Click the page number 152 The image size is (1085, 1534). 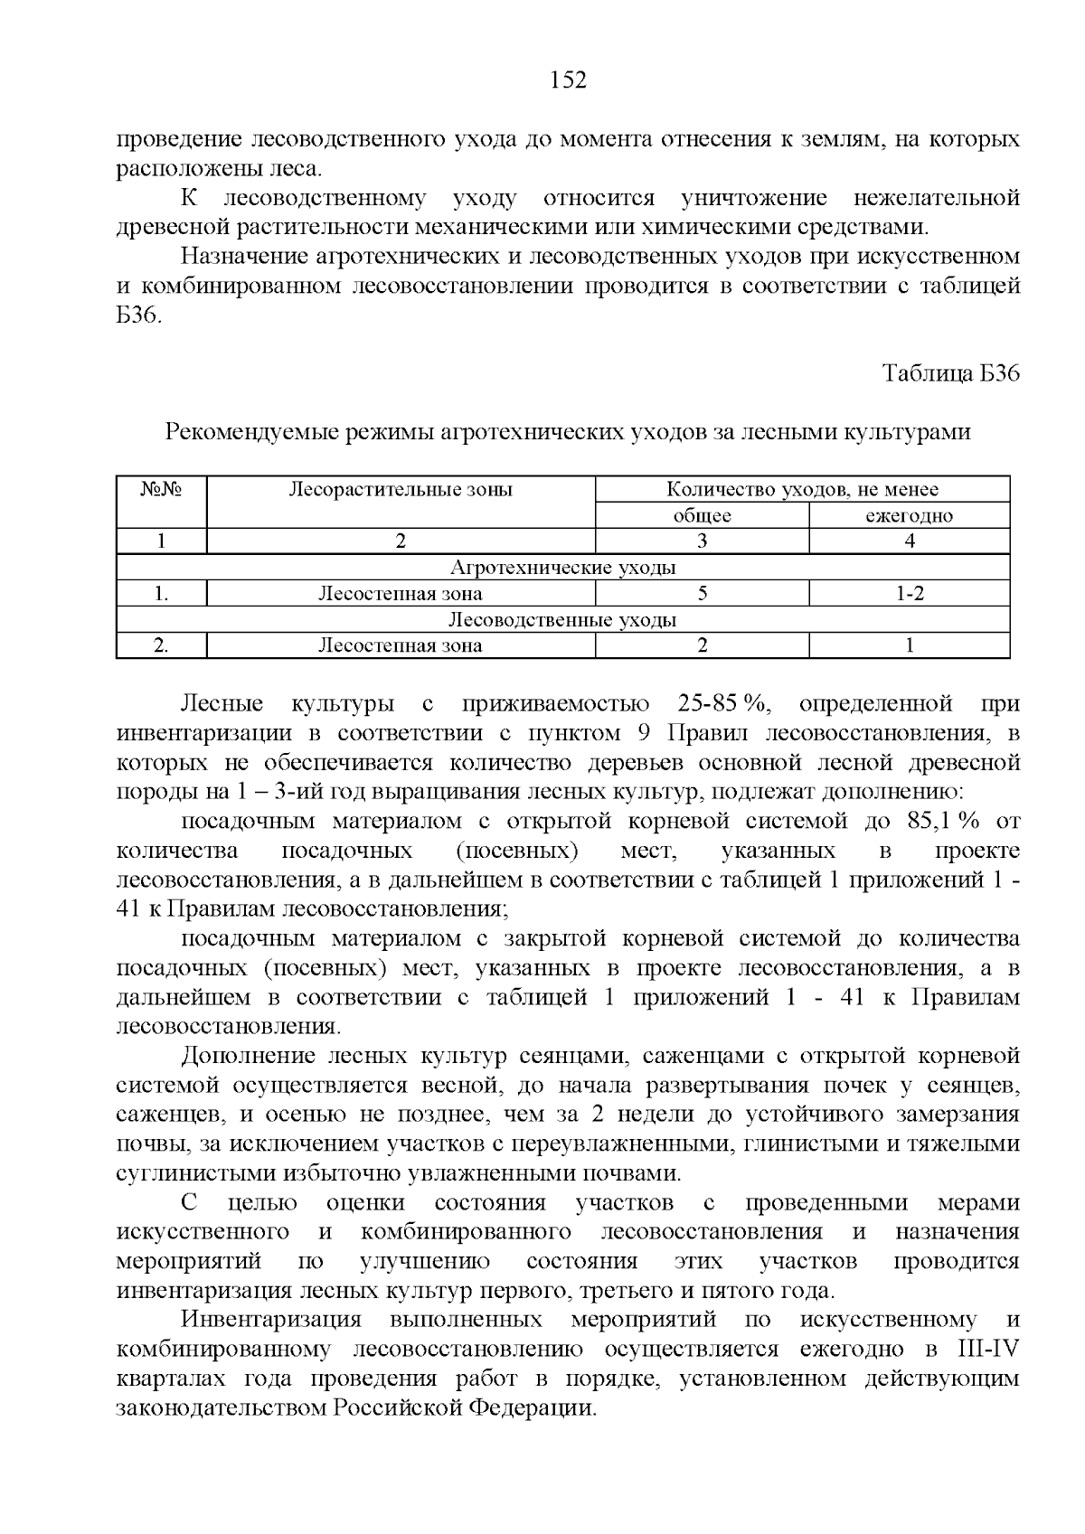click(568, 81)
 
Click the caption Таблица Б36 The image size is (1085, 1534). click(951, 374)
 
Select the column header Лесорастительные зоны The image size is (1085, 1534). click(401, 490)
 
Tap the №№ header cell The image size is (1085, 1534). click(162, 490)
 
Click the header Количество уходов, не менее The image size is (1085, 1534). click(802, 490)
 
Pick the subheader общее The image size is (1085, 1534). click(702, 516)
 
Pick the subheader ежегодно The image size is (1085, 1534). click(909, 516)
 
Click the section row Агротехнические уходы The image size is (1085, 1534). click(562, 568)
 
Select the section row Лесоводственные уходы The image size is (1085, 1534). click(562, 620)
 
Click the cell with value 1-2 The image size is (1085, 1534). click(909, 594)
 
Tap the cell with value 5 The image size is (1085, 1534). click(702, 594)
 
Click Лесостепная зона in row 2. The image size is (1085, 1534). click(400, 645)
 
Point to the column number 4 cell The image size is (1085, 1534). click(909, 541)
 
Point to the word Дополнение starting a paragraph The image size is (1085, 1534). click(248, 1056)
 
